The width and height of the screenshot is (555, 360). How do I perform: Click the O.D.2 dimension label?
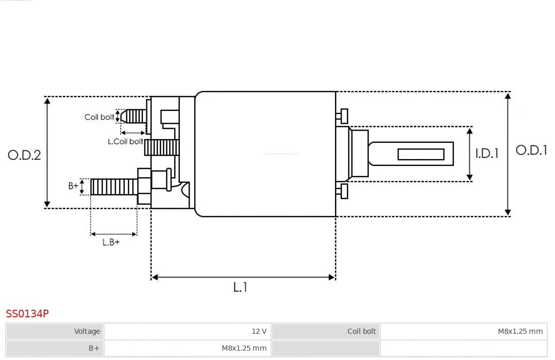[x=24, y=155]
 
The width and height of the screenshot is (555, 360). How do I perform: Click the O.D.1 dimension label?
[x=531, y=150]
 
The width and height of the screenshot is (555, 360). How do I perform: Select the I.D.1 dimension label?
[x=487, y=153]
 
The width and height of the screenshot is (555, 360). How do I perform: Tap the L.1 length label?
[x=240, y=287]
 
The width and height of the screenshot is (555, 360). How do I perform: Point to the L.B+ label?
[x=111, y=242]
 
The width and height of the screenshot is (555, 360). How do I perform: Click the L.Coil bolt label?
[x=125, y=141]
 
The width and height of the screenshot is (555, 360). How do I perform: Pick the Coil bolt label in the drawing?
[x=99, y=117]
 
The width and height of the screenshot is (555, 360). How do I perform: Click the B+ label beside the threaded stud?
[x=73, y=186]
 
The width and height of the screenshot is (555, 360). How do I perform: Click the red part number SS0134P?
[x=27, y=313]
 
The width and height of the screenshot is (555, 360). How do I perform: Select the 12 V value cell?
[x=259, y=331]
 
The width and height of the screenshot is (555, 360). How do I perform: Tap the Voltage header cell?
[x=87, y=331]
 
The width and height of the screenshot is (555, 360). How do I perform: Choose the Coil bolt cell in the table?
[x=361, y=331]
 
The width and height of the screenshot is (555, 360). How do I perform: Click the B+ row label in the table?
[x=94, y=348]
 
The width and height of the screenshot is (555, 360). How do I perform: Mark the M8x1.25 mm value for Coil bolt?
[x=520, y=331]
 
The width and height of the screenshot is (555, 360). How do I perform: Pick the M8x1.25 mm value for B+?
[x=244, y=348]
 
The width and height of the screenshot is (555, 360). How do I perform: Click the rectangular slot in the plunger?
[x=421, y=154]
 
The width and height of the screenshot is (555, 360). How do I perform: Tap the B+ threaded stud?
[x=114, y=187]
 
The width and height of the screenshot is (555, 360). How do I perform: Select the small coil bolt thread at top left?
[x=135, y=116]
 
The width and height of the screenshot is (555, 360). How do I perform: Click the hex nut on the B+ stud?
[x=144, y=186]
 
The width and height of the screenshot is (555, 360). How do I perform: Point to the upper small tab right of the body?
[x=343, y=116]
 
